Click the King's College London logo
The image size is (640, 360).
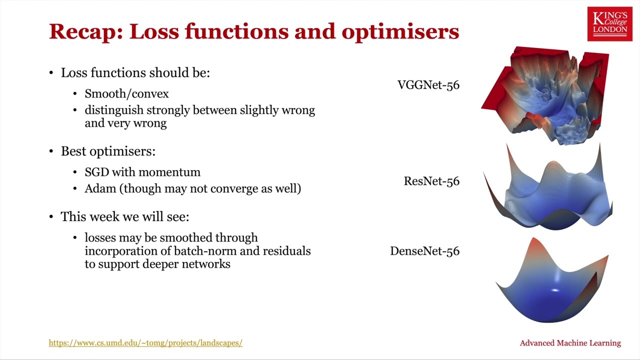[x=609, y=24]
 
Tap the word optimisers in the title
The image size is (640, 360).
[x=400, y=31]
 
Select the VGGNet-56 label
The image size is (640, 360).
[x=428, y=85]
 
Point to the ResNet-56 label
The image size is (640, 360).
[x=431, y=181]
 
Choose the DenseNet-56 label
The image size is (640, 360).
[x=424, y=251]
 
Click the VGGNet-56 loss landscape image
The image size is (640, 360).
[x=545, y=95]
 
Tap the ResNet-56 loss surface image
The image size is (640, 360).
[x=548, y=187]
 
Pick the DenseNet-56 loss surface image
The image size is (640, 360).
[x=552, y=280]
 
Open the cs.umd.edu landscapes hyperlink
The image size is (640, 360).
[x=145, y=343]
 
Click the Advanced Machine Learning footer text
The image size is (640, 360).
[x=570, y=343]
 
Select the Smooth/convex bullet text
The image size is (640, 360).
[x=126, y=93]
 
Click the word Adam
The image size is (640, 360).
[x=100, y=188]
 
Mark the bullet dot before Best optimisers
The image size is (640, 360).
[x=51, y=151]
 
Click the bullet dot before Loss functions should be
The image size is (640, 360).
[x=51, y=72]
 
